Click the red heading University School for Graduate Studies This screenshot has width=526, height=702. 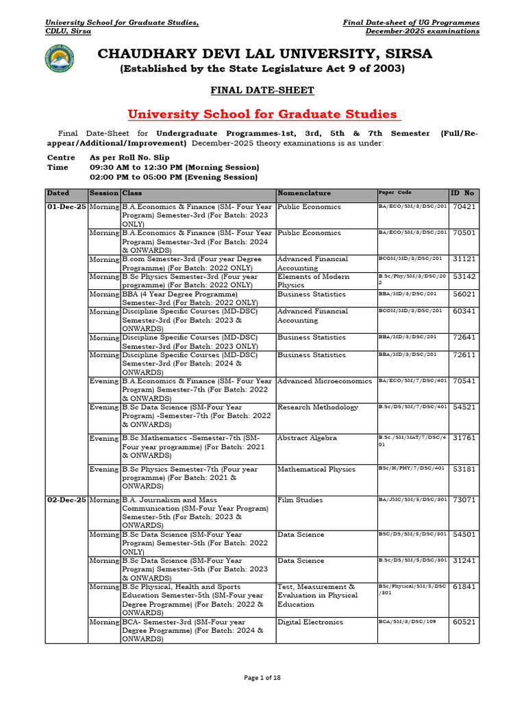click(x=262, y=114)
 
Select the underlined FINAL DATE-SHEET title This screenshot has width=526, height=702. click(x=262, y=90)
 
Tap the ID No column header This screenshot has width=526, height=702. click(x=464, y=193)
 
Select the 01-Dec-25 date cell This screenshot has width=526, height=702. click(x=66, y=206)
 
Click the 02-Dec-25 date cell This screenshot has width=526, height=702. click(x=66, y=500)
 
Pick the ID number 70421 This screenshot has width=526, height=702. click(x=464, y=206)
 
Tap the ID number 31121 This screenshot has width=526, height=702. click(x=464, y=259)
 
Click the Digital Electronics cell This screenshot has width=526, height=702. click(x=310, y=622)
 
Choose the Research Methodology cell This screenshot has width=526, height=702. click(x=318, y=407)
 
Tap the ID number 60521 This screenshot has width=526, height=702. click(x=464, y=622)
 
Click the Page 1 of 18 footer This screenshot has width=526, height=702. click(x=262, y=678)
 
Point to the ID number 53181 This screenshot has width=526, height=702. click(x=464, y=470)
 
